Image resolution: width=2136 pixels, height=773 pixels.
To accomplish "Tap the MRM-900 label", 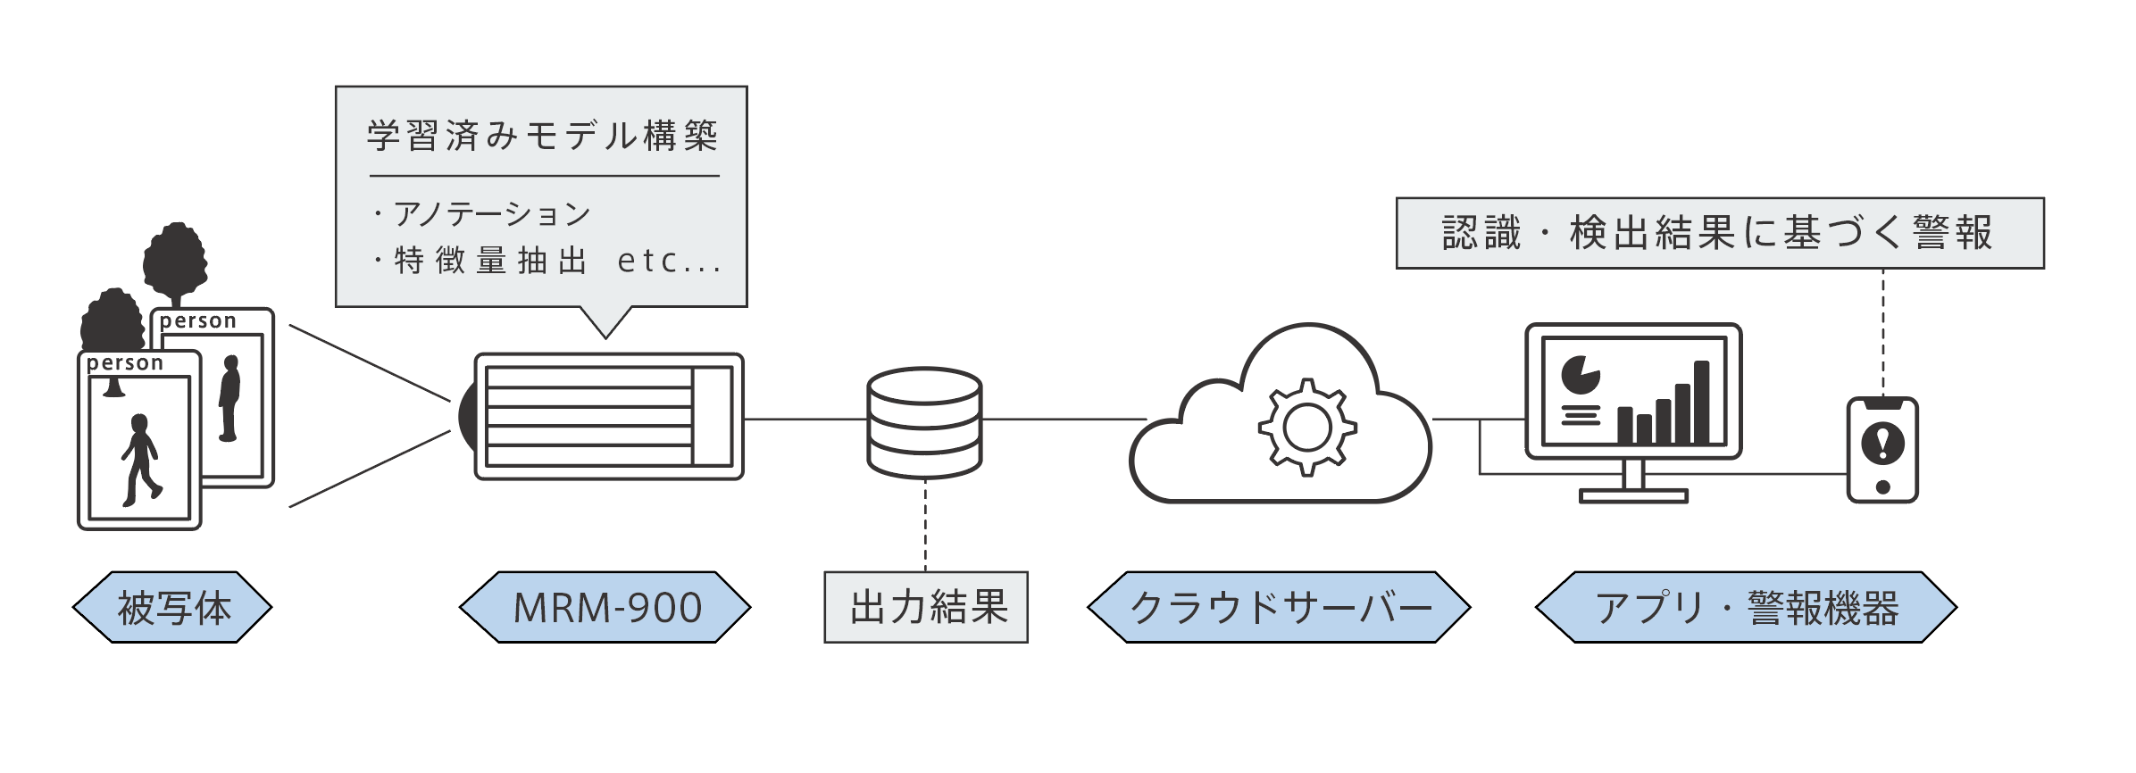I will pyautogui.click(x=605, y=608).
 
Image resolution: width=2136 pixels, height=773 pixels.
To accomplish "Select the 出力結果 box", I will pyautogui.click(x=926, y=608).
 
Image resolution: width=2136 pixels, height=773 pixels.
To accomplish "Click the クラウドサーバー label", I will pyautogui.click(x=1278, y=608).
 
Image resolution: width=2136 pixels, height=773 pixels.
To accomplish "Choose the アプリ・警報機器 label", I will pyautogui.click(x=1746, y=608).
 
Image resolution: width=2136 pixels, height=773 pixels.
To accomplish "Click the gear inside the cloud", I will pyautogui.click(x=1307, y=427).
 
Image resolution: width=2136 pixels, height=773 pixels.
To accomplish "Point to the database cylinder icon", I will pyautogui.click(x=924, y=421).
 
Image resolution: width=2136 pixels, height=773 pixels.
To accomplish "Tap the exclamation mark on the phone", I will pyautogui.click(x=1882, y=443).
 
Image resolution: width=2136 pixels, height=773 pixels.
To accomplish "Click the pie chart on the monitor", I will pyautogui.click(x=1580, y=375).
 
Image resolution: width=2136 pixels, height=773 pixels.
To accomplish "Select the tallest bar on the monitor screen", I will pyautogui.click(x=1701, y=402).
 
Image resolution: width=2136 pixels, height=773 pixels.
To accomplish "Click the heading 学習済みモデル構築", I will pyautogui.click(x=543, y=136).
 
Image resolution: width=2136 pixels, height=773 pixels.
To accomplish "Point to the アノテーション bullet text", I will pyautogui.click(x=492, y=214).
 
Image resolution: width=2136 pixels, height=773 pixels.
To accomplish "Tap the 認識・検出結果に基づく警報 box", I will pyautogui.click(x=1719, y=233).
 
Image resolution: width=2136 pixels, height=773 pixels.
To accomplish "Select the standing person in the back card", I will pyautogui.click(x=230, y=398).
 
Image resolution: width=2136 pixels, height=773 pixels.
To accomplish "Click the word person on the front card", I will pyautogui.click(x=125, y=363).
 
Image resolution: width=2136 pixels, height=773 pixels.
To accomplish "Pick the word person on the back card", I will pyautogui.click(x=198, y=321).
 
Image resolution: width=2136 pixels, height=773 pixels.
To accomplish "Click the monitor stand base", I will pyautogui.click(x=1633, y=495).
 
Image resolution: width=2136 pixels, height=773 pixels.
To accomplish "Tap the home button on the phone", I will pyautogui.click(x=1882, y=487).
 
